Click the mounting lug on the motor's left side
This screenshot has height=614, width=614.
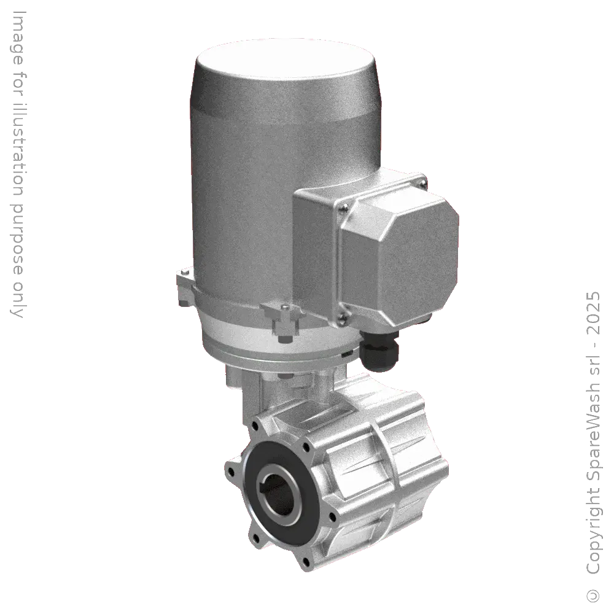(x=182, y=279)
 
